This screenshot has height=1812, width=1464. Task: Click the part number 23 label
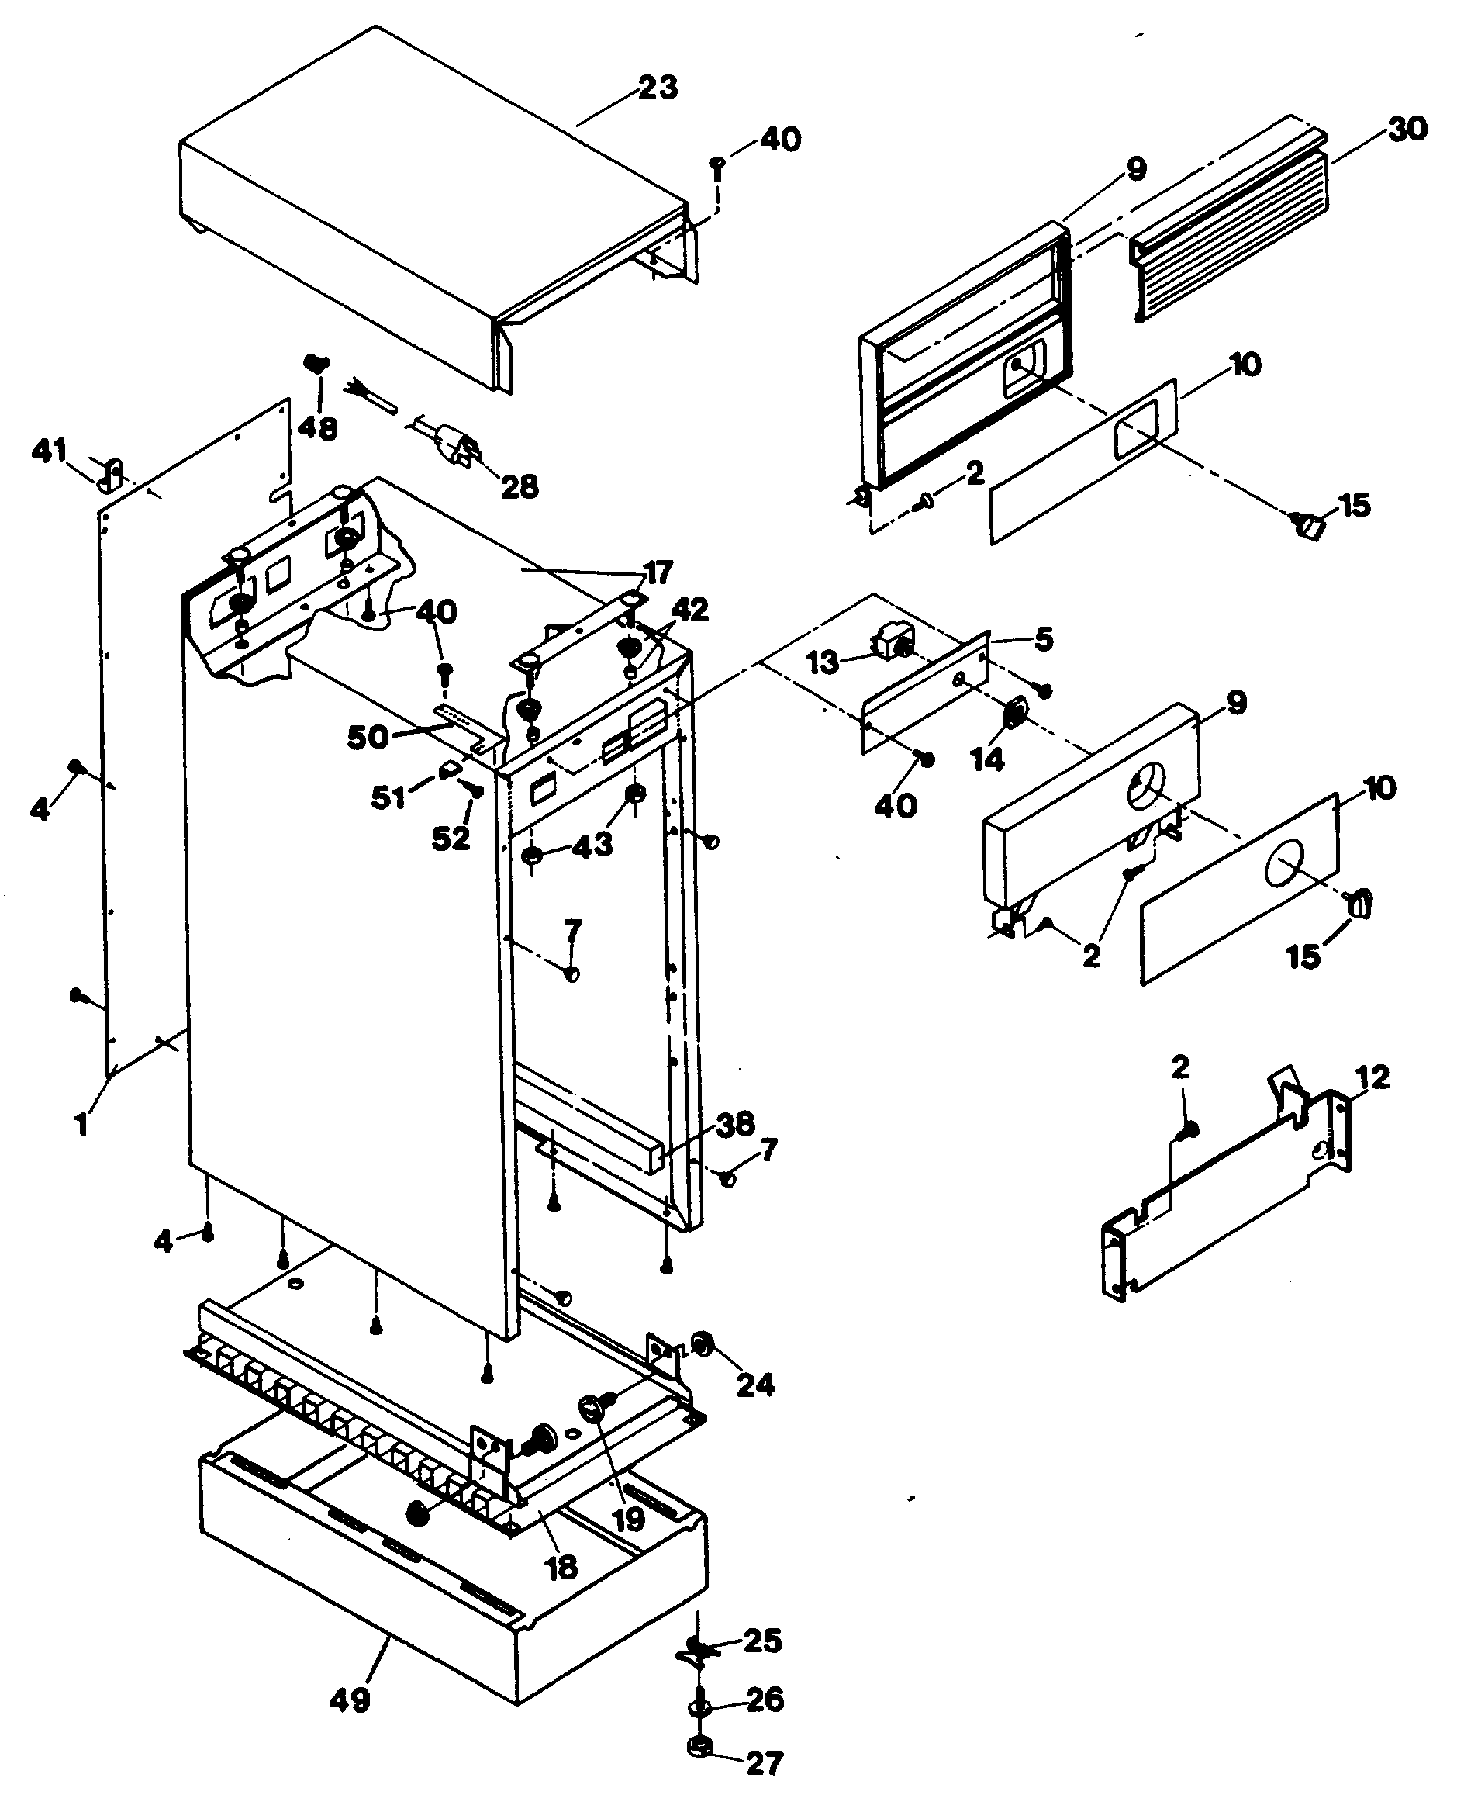(x=658, y=87)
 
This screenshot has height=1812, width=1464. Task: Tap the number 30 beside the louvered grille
(x=1407, y=129)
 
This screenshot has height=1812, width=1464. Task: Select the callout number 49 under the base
(x=350, y=1700)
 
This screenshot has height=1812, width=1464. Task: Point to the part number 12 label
(x=1371, y=1078)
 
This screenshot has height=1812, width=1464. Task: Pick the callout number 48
(x=317, y=427)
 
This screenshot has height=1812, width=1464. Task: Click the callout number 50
(x=368, y=737)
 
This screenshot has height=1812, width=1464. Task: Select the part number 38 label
(x=734, y=1124)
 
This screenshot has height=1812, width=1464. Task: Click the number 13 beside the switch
(x=823, y=662)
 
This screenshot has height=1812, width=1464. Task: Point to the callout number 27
(x=765, y=1763)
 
